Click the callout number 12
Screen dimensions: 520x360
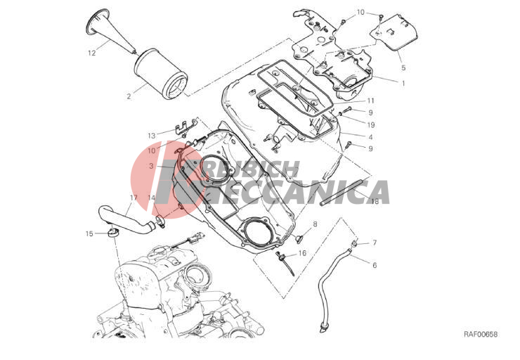[x=92, y=53]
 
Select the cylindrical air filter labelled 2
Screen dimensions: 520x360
[x=161, y=74]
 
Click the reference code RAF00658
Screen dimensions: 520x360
[x=481, y=335]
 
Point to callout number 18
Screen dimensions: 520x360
[x=375, y=201]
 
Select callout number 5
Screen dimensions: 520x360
[x=403, y=67]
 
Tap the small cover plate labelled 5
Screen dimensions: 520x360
[x=394, y=32]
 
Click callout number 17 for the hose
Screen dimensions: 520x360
[x=134, y=198]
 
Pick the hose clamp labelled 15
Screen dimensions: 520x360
[x=113, y=232]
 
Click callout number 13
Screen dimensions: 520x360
[x=152, y=136]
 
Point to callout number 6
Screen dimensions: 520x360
[x=375, y=265]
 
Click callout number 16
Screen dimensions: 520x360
[x=302, y=253]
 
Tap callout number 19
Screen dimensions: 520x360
[x=371, y=124]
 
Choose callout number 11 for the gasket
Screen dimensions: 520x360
[x=371, y=101]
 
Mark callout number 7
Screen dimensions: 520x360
[x=375, y=243]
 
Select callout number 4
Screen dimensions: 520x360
[x=370, y=136]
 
